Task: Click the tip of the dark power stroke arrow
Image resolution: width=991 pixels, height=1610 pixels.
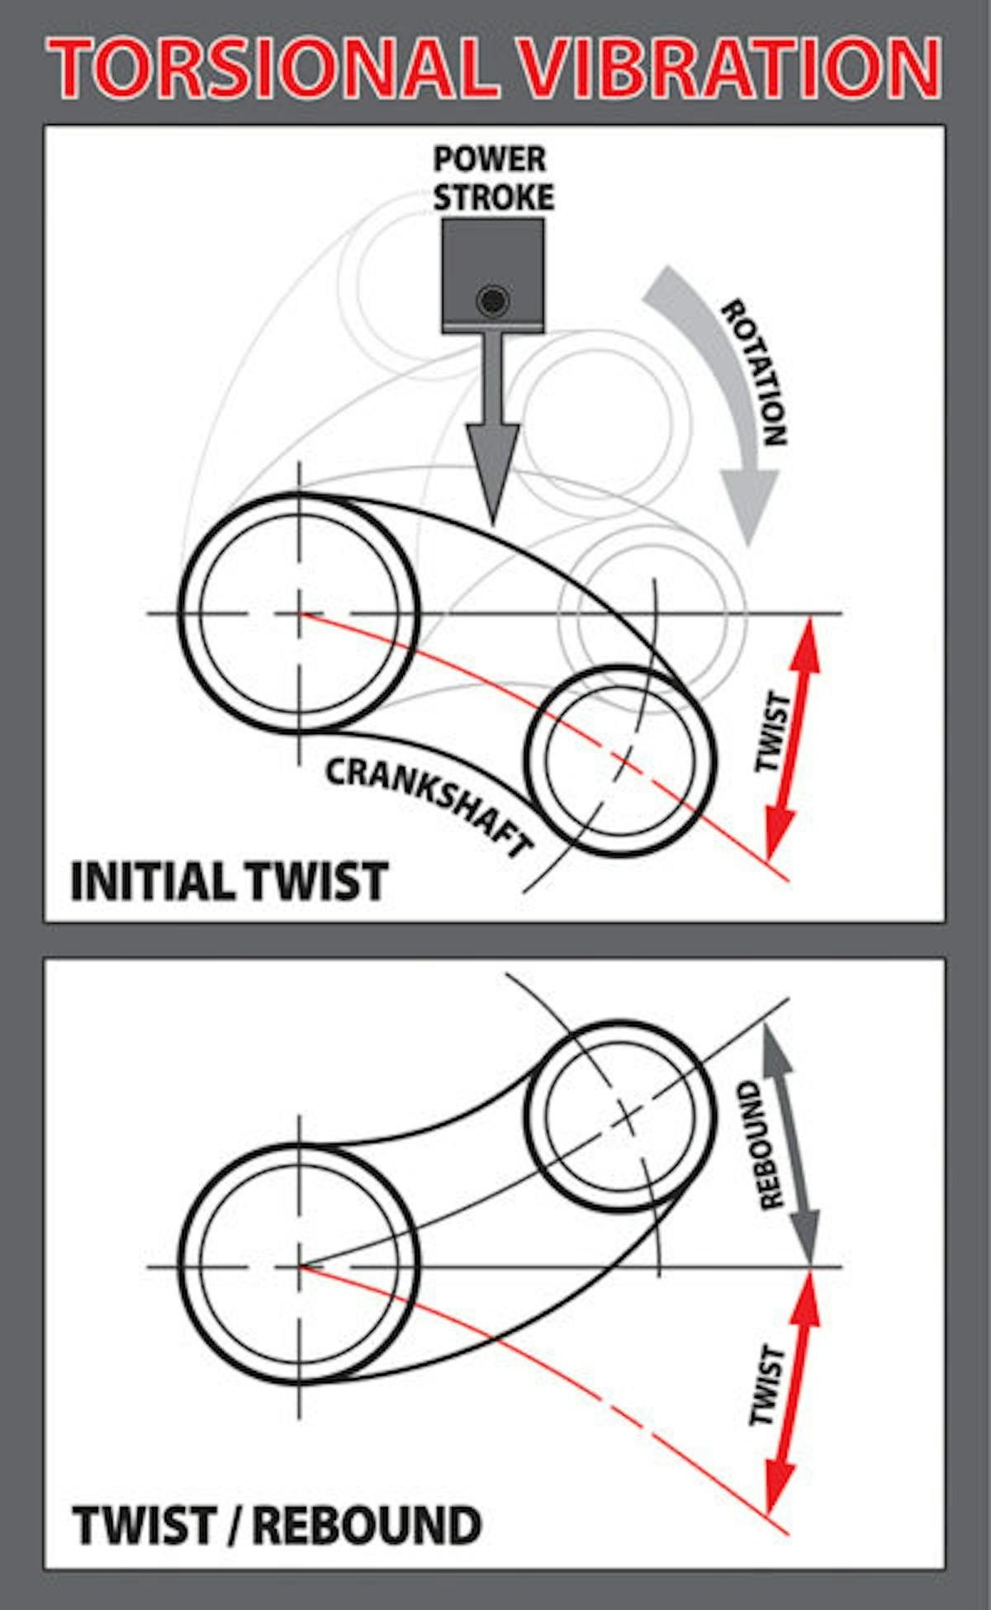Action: [493, 526]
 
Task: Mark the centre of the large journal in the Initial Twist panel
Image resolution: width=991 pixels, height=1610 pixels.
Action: [299, 613]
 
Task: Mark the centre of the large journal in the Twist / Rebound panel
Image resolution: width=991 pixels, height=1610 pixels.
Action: [299, 1266]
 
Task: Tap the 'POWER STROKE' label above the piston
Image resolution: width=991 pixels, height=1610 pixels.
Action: [493, 178]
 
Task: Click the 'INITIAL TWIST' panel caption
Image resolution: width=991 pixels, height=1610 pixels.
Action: [229, 881]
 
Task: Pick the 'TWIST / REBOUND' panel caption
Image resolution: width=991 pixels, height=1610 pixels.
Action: [277, 1525]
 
